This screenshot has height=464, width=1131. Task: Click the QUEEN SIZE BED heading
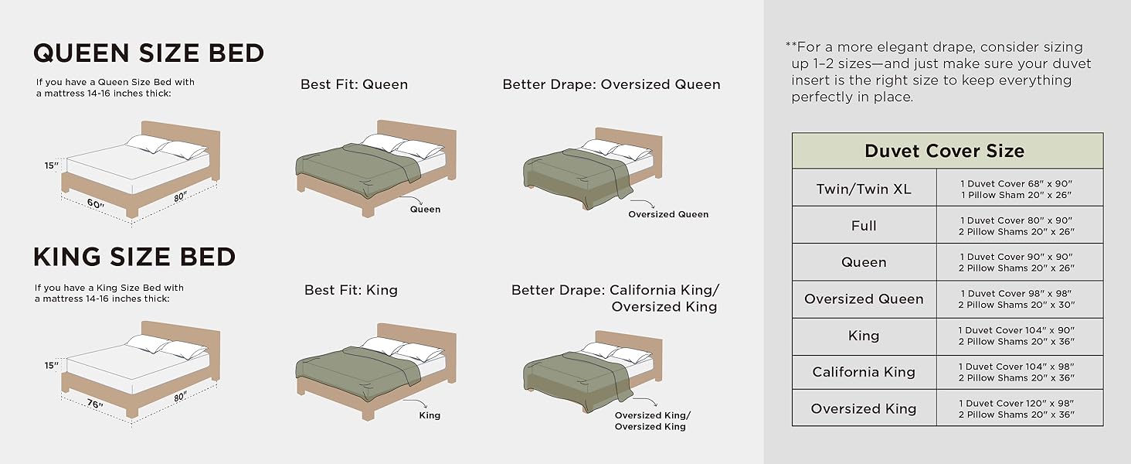click(148, 53)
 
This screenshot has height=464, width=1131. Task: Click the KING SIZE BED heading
click(134, 257)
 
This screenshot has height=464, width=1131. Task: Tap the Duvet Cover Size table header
click(944, 151)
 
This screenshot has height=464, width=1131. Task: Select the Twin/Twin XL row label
click(863, 189)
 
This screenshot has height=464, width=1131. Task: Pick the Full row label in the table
click(863, 226)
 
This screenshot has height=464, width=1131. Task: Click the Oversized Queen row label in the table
click(863, 299)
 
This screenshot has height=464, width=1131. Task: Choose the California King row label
click(863, 372)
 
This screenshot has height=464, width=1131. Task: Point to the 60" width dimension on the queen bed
click(95, 204)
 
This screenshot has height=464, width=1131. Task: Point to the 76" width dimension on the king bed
click(95, 404)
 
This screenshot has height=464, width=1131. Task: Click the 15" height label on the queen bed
click(51, 165)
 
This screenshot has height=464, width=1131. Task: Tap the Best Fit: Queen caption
click(354, 84)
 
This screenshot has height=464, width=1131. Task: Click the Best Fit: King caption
click(351, 290)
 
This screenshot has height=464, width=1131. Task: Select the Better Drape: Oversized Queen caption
click(611, 84)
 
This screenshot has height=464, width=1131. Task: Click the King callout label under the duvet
click(430, 415)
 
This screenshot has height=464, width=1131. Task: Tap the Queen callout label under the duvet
click(425, 210)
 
